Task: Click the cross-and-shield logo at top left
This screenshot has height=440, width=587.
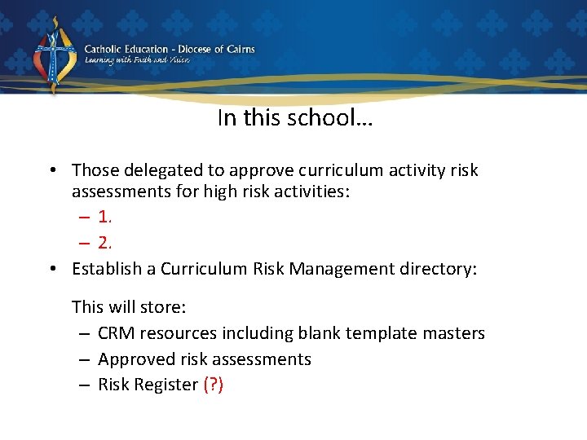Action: click(x=53, y=56)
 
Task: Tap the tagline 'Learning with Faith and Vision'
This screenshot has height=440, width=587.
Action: click(x=137, y=61)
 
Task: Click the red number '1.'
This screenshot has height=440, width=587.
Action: click(x=104, y=217)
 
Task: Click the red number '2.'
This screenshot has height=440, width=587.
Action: click(x=104, y=243)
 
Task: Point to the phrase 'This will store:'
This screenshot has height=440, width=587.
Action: click(x=129, y=307)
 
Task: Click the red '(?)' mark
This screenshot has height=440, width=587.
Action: click(x=214, y=385)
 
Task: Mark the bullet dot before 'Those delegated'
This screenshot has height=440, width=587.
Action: click(x=51, y=170)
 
